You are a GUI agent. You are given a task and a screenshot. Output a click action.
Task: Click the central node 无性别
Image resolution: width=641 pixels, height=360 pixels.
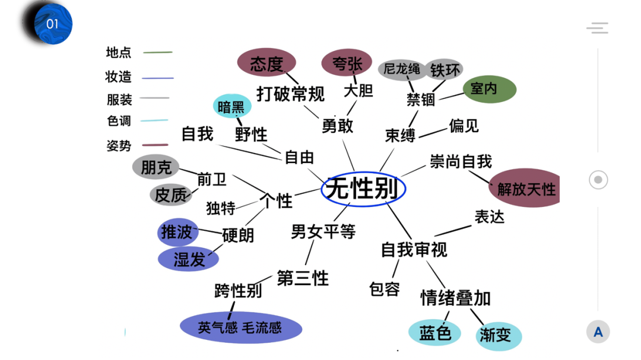click(363, 189)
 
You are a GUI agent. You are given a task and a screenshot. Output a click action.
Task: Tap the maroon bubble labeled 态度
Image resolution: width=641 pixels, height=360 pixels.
click(267, 63)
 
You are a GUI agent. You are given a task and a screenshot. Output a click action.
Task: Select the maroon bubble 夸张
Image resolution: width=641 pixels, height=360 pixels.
click(347, 64)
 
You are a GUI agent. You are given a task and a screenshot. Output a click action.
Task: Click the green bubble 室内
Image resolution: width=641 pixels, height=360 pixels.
click(489, 89)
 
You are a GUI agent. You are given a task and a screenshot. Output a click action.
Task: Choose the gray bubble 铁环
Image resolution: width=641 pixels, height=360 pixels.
click(445, 70)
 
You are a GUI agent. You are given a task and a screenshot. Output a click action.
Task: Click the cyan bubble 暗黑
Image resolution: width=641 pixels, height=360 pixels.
click(231, 107)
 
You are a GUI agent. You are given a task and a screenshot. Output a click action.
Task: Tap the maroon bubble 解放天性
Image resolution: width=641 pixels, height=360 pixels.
click(526, 189)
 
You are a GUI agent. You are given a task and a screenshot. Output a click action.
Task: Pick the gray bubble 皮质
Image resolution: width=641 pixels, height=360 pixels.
click(171, 194)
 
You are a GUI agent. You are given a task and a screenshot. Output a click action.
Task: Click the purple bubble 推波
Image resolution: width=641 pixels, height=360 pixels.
click(177, 232)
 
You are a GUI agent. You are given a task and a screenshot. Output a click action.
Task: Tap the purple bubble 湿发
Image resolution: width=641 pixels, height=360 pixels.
click(189, 259)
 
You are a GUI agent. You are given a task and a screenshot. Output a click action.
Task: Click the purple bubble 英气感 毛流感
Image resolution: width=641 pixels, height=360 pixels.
click(240, 327)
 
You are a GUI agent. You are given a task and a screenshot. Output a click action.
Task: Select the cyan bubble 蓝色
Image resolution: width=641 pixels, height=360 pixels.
click(435, 333)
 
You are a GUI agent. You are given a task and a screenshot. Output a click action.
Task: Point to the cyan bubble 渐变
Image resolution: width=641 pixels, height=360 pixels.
click(494, 334)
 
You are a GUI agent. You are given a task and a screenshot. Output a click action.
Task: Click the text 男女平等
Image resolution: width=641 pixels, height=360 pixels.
click(323, 232)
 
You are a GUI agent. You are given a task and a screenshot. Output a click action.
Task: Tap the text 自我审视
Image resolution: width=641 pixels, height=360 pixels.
click(414, 250)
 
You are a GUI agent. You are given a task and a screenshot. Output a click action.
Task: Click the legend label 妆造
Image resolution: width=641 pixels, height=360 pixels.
click(119, 77)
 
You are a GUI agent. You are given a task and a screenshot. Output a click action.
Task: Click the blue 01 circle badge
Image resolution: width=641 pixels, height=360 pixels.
click(52, 24)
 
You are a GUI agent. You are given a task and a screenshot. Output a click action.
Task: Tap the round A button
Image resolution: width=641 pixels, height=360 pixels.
click(598, 332)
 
